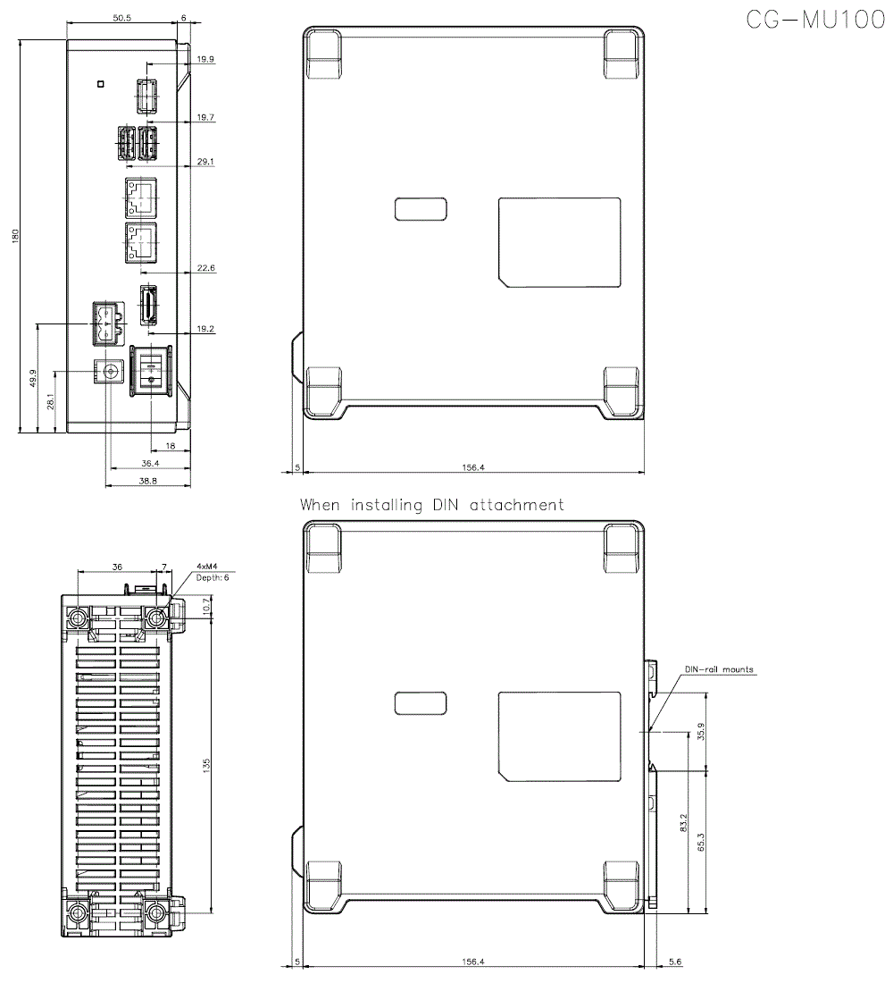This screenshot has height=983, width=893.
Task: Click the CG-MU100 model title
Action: click(x=816, y=20)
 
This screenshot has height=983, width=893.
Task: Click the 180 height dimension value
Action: click(x=15, y=236)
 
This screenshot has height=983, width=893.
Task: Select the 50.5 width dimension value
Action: click(x=121, y=18)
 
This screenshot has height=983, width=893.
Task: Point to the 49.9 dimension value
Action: click(x=33, y=378)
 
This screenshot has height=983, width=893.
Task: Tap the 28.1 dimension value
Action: click(x=51, y=401)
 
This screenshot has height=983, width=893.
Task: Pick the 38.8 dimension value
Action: click(x=148, y=481)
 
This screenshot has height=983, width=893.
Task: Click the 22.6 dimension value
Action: click(x=205, y=268)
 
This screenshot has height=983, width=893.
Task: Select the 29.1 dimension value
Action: click(x=205, y=161)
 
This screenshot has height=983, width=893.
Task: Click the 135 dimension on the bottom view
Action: click(x=207, y=765)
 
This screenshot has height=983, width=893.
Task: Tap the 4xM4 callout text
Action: click(x=207, y=566)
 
